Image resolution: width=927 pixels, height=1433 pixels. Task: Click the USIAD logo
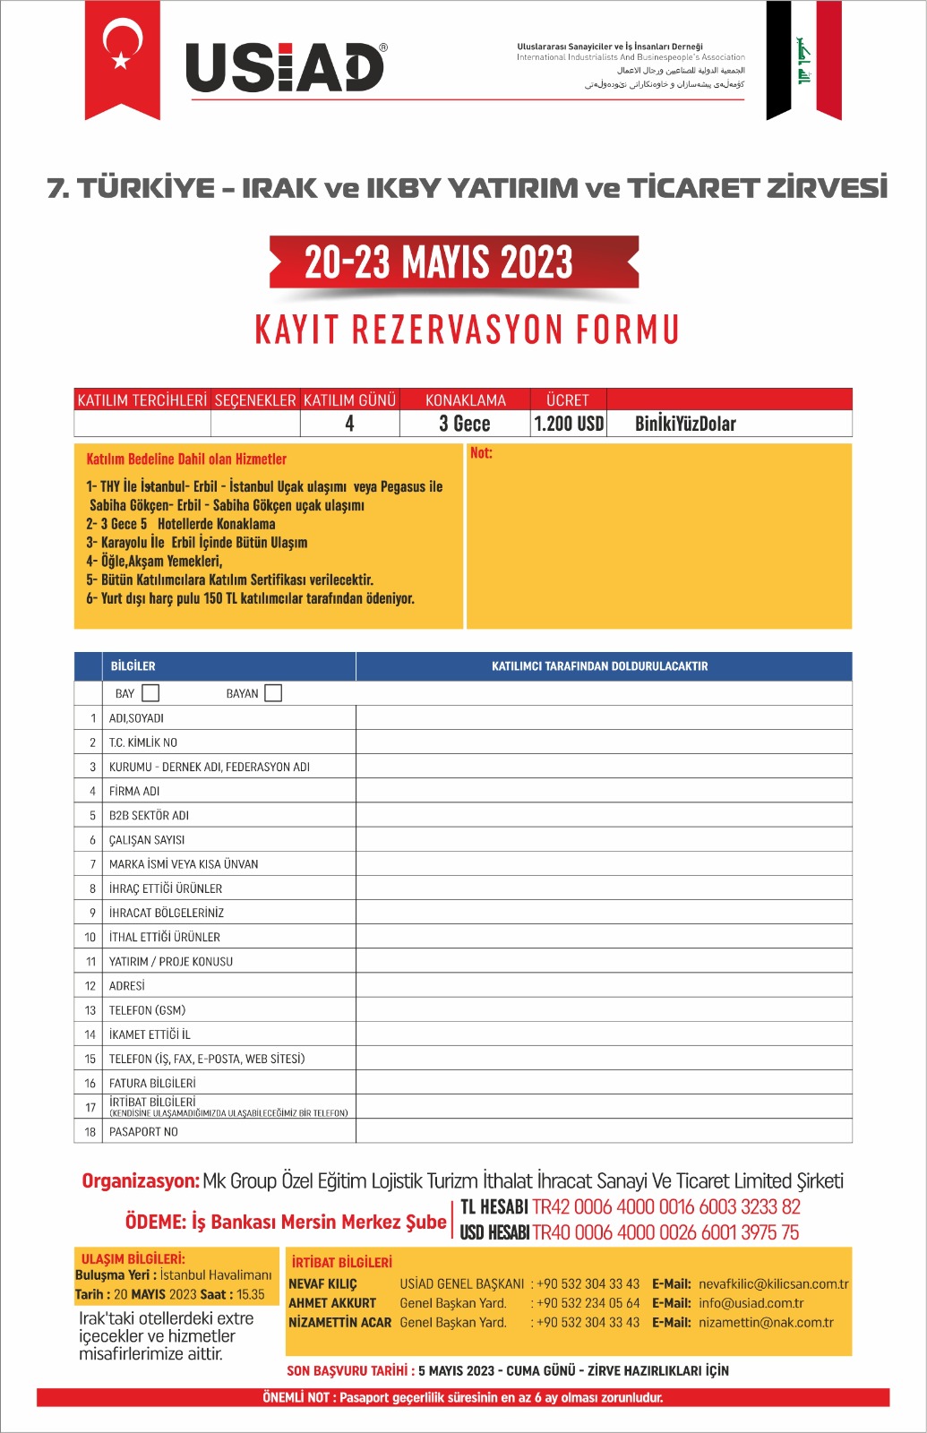point(285,67)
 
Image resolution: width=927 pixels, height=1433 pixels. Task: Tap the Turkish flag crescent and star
point(123,47)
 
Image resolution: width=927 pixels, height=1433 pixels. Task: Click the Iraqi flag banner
point(803,60)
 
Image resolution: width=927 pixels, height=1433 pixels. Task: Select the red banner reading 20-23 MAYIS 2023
point(454,262)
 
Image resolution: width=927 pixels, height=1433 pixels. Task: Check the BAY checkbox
point(150,693)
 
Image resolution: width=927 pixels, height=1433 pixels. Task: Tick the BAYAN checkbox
point(273,693)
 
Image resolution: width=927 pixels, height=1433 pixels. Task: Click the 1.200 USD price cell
point(569,424)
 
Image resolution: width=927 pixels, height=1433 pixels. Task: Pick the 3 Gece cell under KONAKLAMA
point(465,424)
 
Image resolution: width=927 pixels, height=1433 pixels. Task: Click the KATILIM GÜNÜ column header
point(349,400)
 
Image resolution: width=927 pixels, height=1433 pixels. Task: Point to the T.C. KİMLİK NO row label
point(143,742)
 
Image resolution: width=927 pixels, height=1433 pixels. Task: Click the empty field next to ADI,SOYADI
point(604,717)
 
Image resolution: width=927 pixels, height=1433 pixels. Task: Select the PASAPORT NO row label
point(143,1132)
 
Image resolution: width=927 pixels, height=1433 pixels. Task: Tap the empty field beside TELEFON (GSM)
point(604,1010)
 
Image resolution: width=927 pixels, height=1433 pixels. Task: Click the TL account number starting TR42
point(666,1207)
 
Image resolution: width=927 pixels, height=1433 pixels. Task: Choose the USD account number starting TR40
point(665,1232)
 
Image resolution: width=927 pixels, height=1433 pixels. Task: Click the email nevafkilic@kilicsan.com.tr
point(773,1283)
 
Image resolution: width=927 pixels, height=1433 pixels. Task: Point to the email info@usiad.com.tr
point(751,1303)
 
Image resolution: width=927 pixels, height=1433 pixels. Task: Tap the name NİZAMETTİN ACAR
point(339,1322)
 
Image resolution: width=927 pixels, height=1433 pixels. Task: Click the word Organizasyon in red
point(141,1181)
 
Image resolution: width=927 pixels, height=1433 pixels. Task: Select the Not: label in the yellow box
point(481,453)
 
